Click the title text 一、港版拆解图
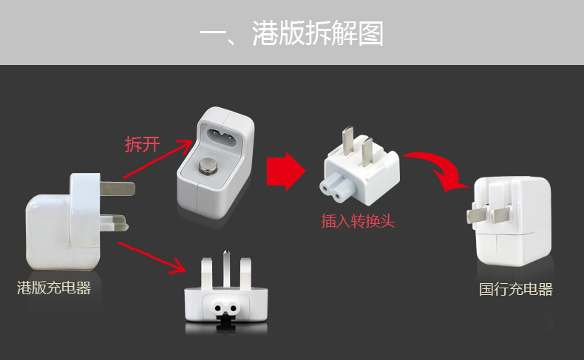(x=292, y=34)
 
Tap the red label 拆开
(x=142, y=144)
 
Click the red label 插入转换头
(x=358, y=221)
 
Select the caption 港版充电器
(x=54, y=288)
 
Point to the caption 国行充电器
(x=515, y=289)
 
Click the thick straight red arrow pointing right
(x=285, y=172)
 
